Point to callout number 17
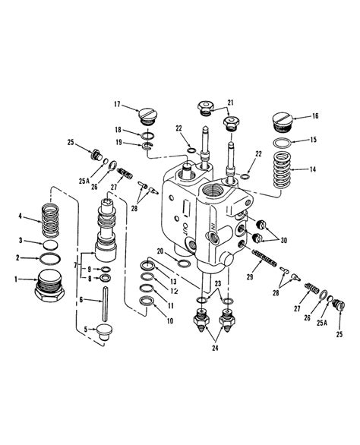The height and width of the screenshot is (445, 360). tap(118, 104)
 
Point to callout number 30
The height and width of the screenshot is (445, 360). tap(285, 241)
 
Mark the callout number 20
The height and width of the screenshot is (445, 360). tap(160, 252)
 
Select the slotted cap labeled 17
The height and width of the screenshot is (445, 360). tap(149, 116)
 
